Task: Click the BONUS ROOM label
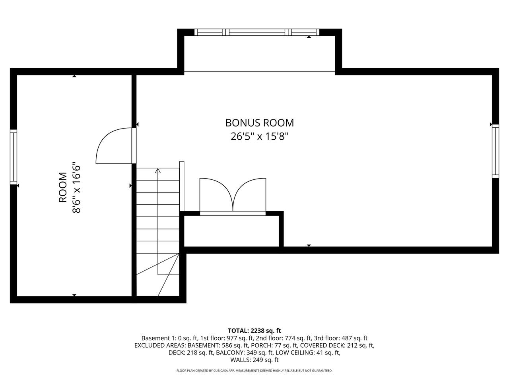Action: (x=260, y=123)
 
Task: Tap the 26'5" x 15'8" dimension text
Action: (x=260, y=137)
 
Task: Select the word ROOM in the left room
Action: (x=63, y=187)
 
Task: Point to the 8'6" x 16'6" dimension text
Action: (x=76, y=187)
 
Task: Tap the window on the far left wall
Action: (x=14, y=157)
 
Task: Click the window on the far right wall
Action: (x=495, y=151)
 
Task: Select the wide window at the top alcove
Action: (x=257, y=32)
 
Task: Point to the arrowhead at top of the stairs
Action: (x=158, y=171)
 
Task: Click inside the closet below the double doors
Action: (x=231, y=231)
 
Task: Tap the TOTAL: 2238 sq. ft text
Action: (x=254, y=331)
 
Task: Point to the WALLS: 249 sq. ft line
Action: (x=254, y=360)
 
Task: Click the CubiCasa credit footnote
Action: (x=254, y=371)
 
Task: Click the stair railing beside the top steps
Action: (x=182, y=186)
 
